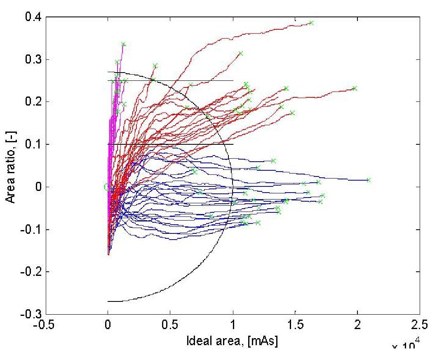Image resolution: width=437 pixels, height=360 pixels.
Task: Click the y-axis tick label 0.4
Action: pos(31,17)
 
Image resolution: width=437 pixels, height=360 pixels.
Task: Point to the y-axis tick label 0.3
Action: pos(31,60)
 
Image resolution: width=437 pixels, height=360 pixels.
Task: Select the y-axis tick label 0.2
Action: pos(31,102)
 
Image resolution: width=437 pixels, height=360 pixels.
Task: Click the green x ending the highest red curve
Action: pos(311,23)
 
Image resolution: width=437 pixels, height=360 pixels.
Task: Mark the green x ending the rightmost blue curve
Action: pos(369,180)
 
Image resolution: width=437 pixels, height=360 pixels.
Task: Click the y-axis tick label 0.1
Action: pos(31,144)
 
